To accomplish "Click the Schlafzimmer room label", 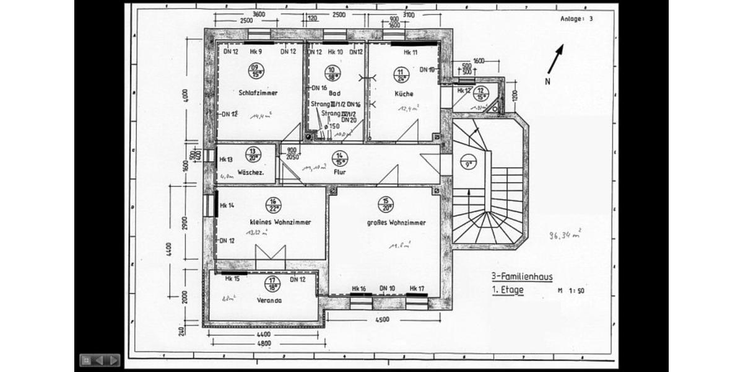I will pos(258,93).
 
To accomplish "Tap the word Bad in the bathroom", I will pos(335,93).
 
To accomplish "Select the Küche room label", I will pos(404,94).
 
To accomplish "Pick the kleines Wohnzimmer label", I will pos(280,222).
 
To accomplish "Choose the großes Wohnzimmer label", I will pos(396,222).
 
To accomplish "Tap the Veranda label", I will pos(269,300).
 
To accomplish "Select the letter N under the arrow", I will pos(547,81).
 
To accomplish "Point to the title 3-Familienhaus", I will pos(518,278).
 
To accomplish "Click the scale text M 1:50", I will pos(571,290).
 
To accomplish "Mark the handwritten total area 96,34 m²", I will pos(565,235).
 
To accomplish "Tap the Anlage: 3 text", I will pos(576,19).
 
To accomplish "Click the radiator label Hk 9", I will pos(256,52).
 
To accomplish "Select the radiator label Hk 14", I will pos(227,205).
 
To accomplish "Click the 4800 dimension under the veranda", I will pos(264,343).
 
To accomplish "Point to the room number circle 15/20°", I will pos(386,204).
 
